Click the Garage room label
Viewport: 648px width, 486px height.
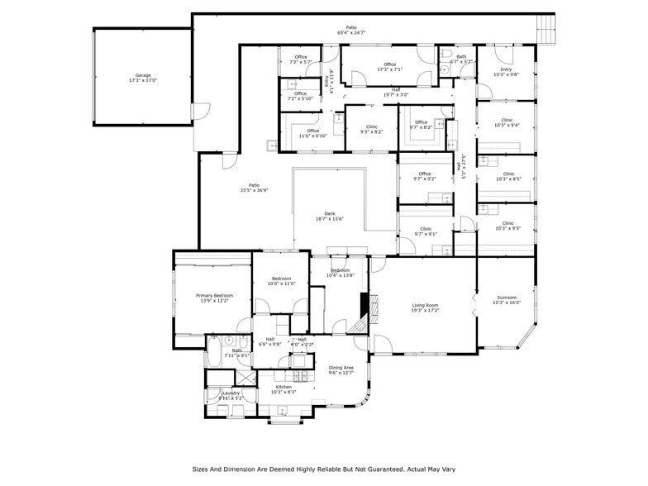pos(143,78)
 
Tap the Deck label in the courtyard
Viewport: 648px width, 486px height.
pos(329,216)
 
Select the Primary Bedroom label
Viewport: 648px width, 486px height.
pos(214,298)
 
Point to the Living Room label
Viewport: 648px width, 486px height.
pos(425,308)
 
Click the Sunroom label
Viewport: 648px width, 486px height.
pos(506,299)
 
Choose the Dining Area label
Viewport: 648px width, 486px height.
pos(341,369)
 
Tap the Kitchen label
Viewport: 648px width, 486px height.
pos(283,389)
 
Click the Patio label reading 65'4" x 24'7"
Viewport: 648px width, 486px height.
pos(351,30)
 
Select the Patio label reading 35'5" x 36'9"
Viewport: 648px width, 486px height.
pos(254,187)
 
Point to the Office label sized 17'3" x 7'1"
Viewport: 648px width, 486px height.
pos(389,66)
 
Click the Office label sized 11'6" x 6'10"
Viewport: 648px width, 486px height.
pos(312,133)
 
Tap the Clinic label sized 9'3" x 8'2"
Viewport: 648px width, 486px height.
pos(371,128)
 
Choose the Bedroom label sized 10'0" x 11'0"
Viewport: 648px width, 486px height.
pos(281,281)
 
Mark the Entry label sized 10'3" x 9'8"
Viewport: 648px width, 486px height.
pos(506,72)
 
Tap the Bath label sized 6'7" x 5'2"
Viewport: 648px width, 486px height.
pos(461,59)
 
